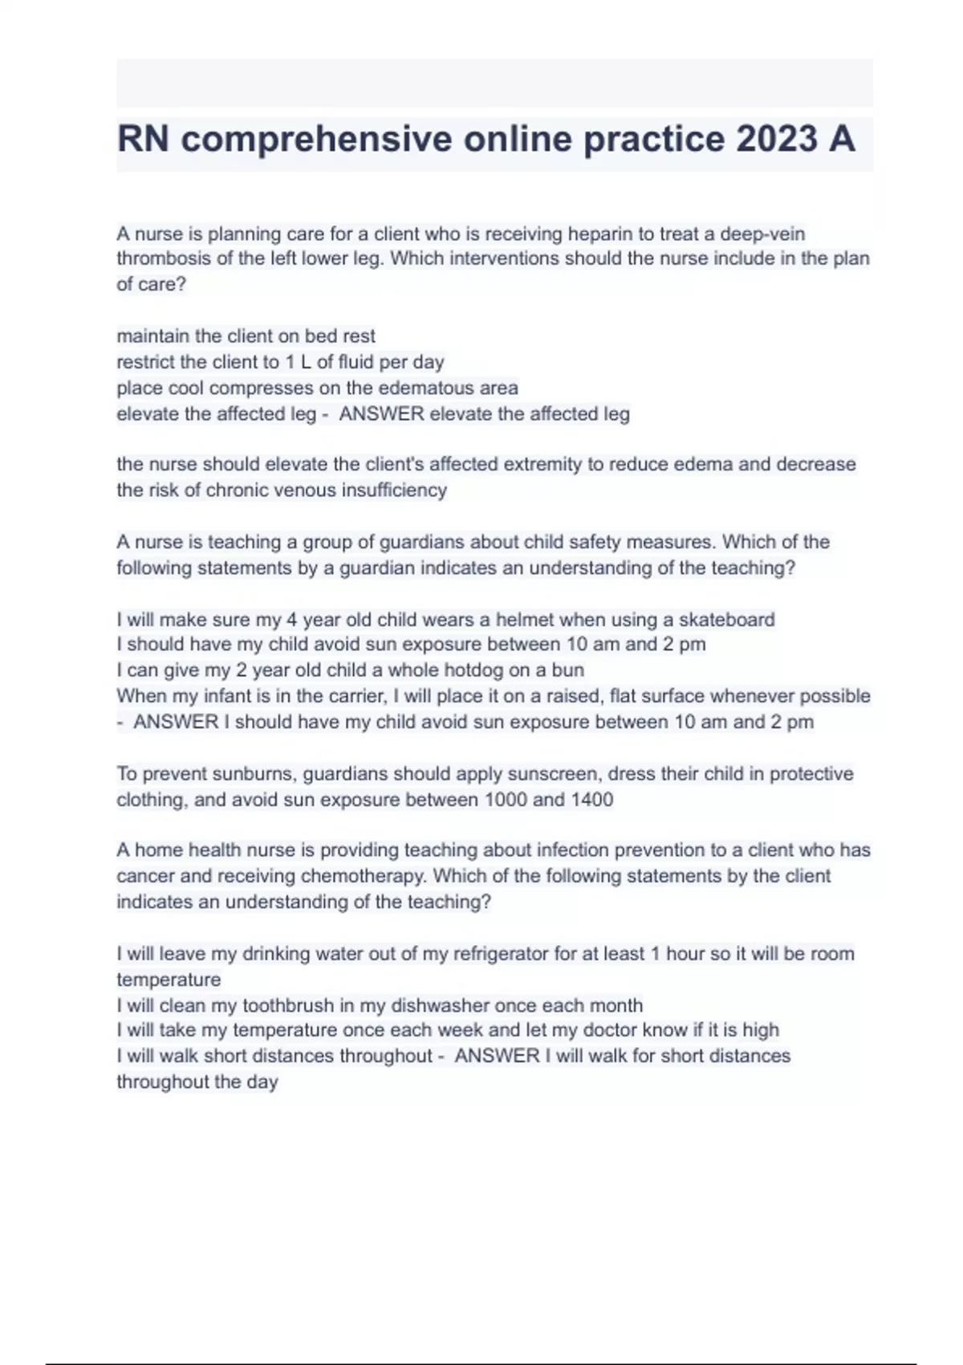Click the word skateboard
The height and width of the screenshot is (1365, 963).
pyautogui.click(x=727, y=619)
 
